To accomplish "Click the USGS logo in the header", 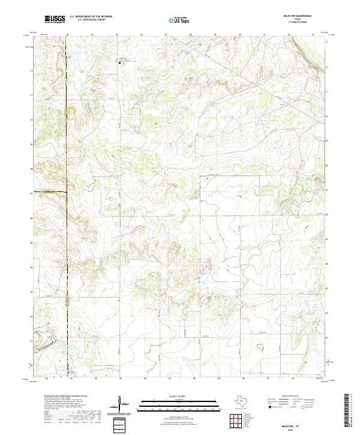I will click(55, 20).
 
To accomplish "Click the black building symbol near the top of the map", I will click(125, 61).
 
